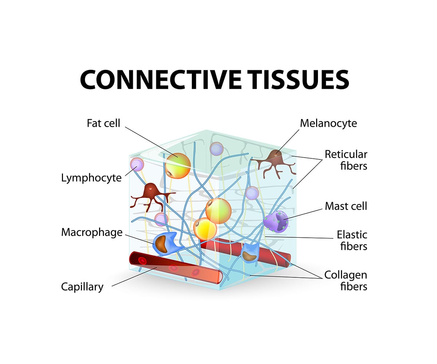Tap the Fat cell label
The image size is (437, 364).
pos(103,123)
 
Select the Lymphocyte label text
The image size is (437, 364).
pos(91,178)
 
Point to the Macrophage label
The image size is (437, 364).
pos(92,232)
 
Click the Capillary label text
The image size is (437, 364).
pos(82,287)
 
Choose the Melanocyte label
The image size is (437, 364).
pos(328,123)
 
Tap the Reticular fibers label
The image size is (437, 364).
pos(346,160)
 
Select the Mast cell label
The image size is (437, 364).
pos(346,206)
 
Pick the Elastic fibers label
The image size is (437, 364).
pos(352,240)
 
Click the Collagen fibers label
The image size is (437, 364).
pos(346,280)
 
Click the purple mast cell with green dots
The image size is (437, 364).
pos(276,221)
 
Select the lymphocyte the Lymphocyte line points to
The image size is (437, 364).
pos(137,165)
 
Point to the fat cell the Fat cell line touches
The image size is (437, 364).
pos(178,165)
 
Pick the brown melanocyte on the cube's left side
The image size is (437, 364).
pos(150,194)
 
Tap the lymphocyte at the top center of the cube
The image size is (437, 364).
pos(216,149)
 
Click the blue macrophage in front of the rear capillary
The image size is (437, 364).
pos(250,252)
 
